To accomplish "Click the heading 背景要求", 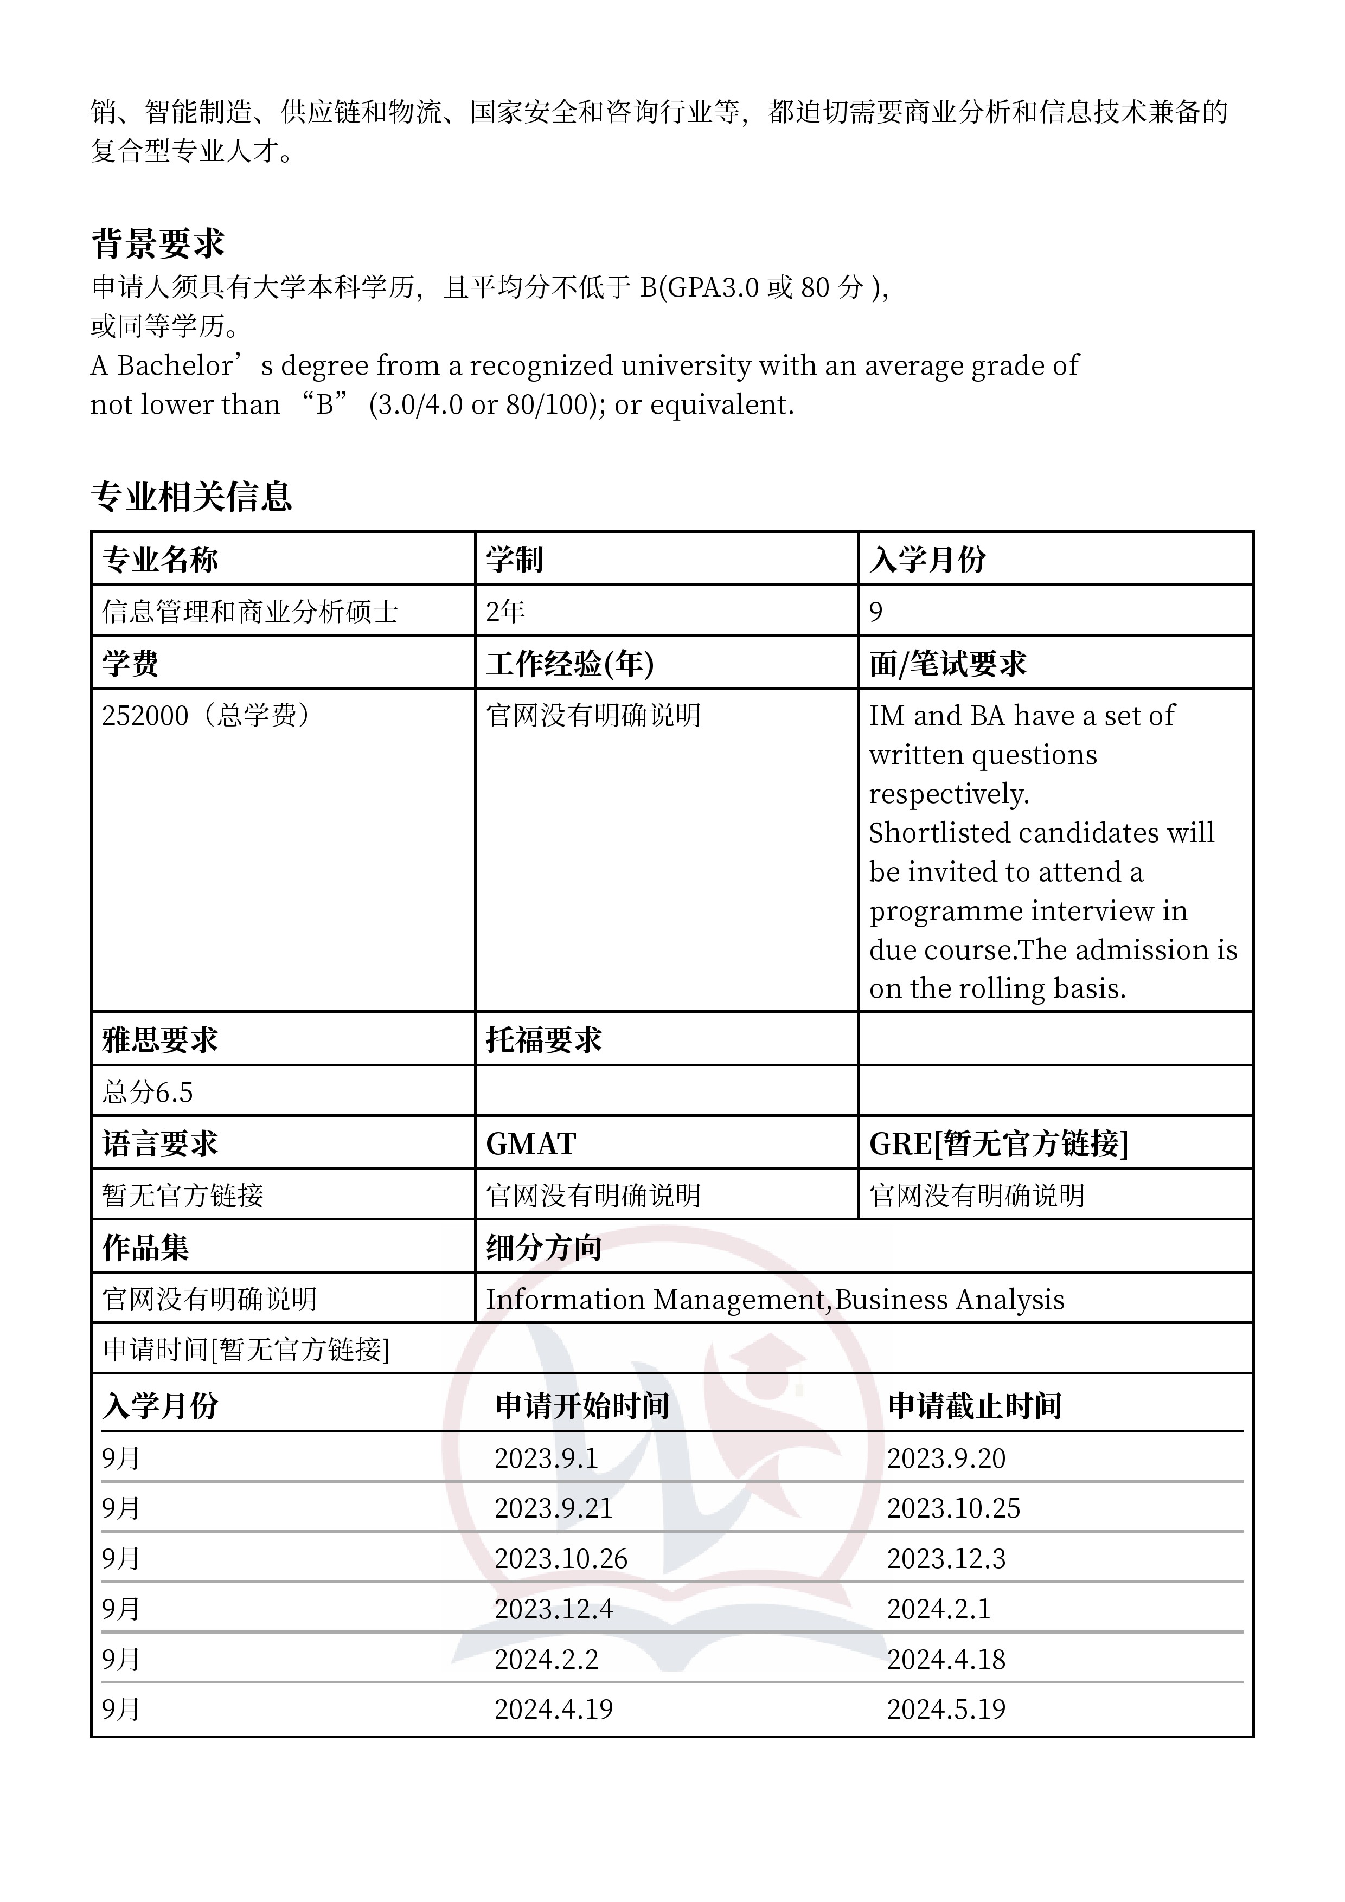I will click(x=157, y=243).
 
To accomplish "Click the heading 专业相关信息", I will click(x=191, y=496).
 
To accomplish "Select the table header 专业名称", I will click(x=160, y=560).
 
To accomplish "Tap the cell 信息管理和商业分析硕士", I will click(x=249, y=612).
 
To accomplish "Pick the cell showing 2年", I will click(x=505, y=612).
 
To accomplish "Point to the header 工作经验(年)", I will click(x=569, y=664).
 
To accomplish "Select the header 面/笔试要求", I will click(x=947, y=664).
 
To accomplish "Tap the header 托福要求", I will click(x=543, y=1040).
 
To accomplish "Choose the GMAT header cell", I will click(x=530, y=1144).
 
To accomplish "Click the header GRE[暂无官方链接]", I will click(x=998, y=1144).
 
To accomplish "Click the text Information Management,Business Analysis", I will click(x=774, y=1300).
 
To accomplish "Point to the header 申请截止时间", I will click(x=975, y=1406).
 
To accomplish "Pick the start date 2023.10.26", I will click(x=560, y=1559).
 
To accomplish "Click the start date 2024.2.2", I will click(x=546, y=1659).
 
